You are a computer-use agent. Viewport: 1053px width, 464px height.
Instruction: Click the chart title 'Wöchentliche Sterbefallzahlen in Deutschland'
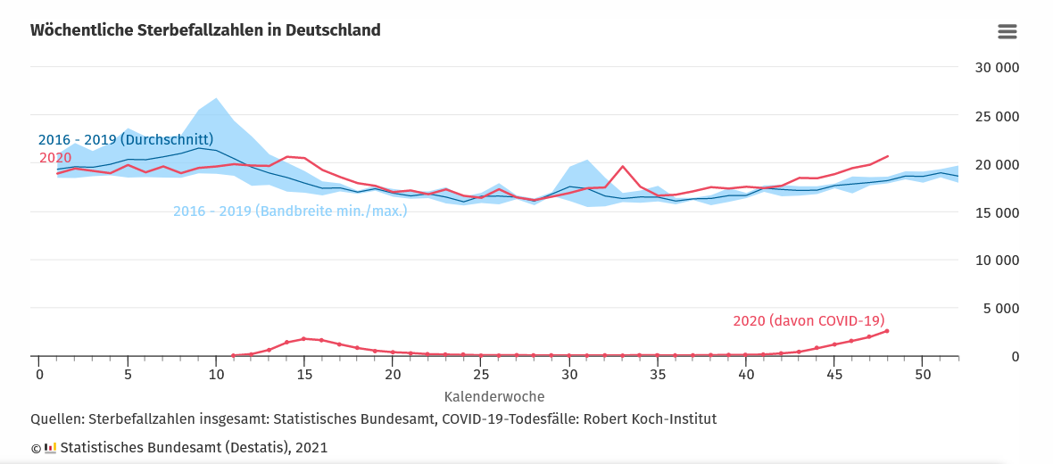pyautogui.click(x=205, y=30)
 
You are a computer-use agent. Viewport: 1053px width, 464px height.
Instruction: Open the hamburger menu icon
pyautogui.click(x=1007, y=32)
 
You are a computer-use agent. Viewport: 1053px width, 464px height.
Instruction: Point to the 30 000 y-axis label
pyautogui.click(x=997, y=68)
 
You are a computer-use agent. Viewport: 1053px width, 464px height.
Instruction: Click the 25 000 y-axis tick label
pyautogui.click(x=997, y=116)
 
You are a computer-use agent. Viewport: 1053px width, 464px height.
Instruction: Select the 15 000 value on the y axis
pyautogui.click(x=997, y=212)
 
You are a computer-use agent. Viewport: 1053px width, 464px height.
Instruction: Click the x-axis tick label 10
pyautogui.click(x=215, y=374)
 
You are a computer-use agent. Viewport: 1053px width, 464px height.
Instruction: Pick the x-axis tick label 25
pyautogui.click(x=481, y=374)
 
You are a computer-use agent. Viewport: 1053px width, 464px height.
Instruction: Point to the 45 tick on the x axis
pyautogui.click(x=835, y=374)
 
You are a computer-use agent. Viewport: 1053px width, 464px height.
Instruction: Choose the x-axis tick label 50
pyautogui.click(x=924, y=374)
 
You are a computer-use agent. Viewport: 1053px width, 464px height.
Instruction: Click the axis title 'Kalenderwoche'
pyautogui.click(x=494, y=395)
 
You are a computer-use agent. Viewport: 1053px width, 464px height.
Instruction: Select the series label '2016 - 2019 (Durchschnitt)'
pyautogui.click(x=125, y=140)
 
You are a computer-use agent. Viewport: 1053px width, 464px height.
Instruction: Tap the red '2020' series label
pyautogui.click(x=55, y=158)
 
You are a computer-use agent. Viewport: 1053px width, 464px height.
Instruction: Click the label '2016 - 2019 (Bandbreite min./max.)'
pyautogui.click(x=290, y=211)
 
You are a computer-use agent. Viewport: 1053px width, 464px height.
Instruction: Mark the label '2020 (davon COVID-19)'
pyautogui.click(x=808, y=321)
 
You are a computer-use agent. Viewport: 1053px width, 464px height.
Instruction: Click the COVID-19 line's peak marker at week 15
pyautogui.click(x=303, y=339)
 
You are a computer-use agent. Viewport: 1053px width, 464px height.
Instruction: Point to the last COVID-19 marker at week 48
pyautogui.click(x=887, y=331)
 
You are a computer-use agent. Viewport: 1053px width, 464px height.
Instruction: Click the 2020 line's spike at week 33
pyautogui.click(x=623, y=167)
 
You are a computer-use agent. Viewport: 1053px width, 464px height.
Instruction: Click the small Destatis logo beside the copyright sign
pyautogui.click(x=50, y=448)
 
